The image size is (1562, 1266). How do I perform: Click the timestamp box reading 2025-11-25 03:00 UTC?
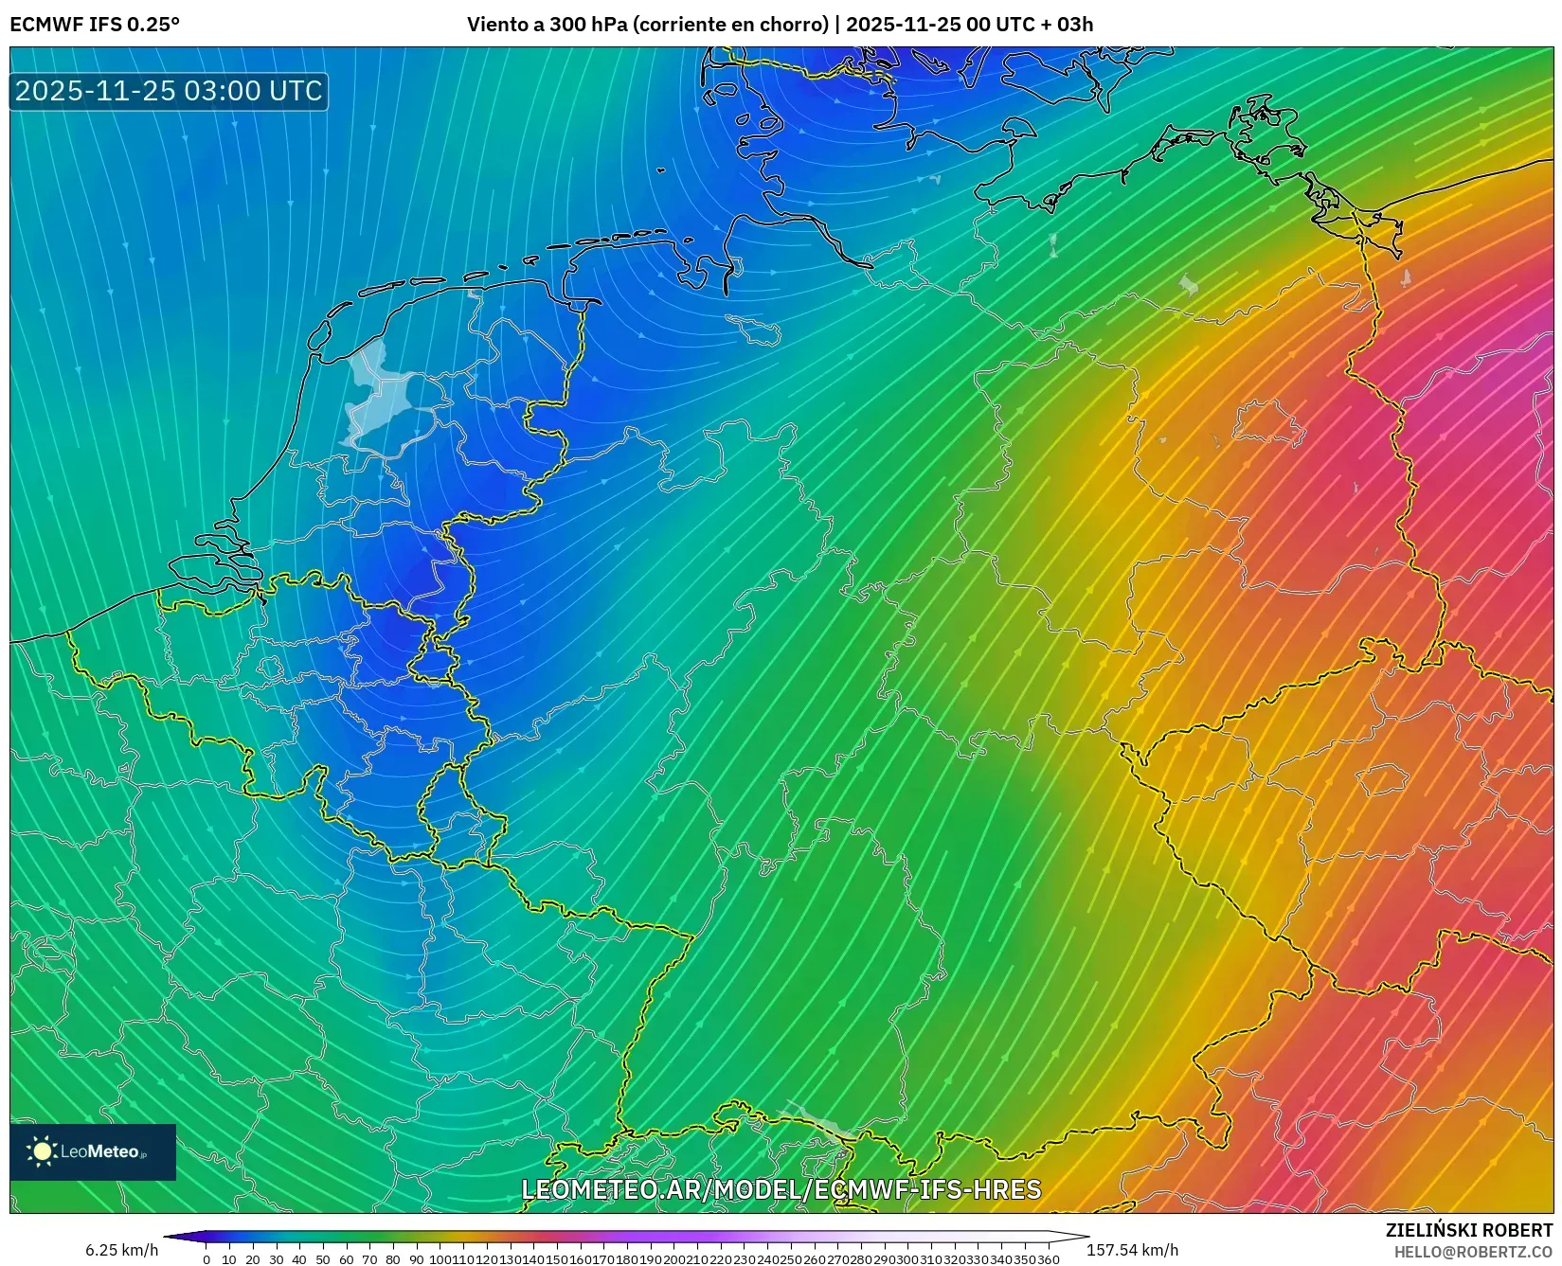(x=169, y=91)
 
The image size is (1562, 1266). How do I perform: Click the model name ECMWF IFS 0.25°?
(x=94, y=25)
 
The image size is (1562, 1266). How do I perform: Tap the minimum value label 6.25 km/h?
(x=121, y=1250)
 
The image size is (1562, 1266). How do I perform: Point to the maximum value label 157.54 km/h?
(x=1132, y=1250)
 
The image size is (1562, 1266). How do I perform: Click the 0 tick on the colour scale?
(x=206, y=1259)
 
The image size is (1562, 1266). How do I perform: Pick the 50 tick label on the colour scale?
(x=323, y=1259)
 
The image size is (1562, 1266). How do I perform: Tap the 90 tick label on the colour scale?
(x=416, y=1259)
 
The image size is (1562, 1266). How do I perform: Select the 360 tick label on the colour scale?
(x=1049, y=1259)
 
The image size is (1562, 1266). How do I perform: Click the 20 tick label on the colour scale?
(x=253, y=1259)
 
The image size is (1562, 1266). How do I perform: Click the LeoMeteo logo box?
(x=93, y=1151)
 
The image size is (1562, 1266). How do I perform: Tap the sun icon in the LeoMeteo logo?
(x=42, y=1151)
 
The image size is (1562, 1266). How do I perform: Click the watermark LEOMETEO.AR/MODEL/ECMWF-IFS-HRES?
(x=781, y=1189)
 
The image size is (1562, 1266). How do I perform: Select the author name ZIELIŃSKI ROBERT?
(x=1469, y=1231)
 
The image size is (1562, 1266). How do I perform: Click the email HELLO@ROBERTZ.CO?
(x=1473, y=1252)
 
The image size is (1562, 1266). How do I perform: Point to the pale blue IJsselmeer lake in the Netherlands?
(x=379, y=398)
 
